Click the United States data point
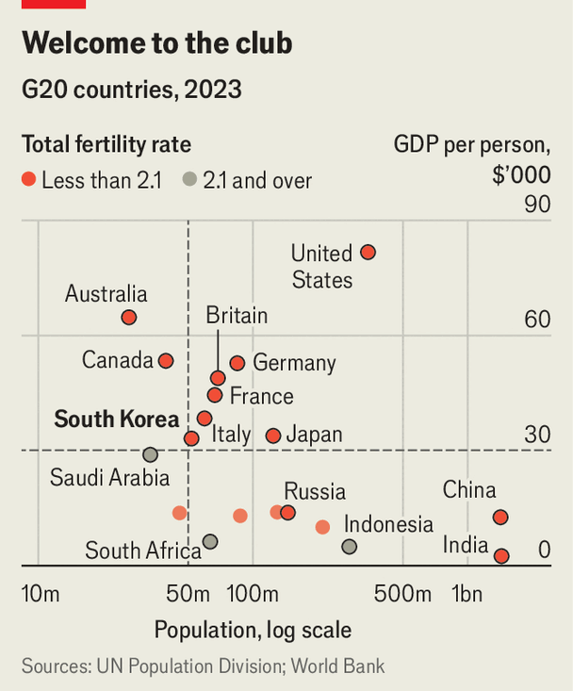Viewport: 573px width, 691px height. coord(368,253)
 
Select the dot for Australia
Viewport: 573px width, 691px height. coord(129,318)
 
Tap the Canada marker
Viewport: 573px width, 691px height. coord(166,361)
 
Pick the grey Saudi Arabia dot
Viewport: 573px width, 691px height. coord(150,454)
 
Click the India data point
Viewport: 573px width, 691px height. coord(501,556)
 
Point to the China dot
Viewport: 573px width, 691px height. coord(500,518)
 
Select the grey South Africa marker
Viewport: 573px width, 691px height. coord(210,542)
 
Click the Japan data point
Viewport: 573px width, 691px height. coord(273,436)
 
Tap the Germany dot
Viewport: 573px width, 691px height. coord(237,363)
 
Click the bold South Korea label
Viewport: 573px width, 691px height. coord(117,420)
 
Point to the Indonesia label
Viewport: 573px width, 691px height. coord(388,525)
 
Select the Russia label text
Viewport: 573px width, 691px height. coord(315,491)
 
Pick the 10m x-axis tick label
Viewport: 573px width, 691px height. coord(41,595)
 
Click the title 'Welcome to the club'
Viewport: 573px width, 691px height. coord(156,43)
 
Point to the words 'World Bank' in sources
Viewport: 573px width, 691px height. coord(337,666)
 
